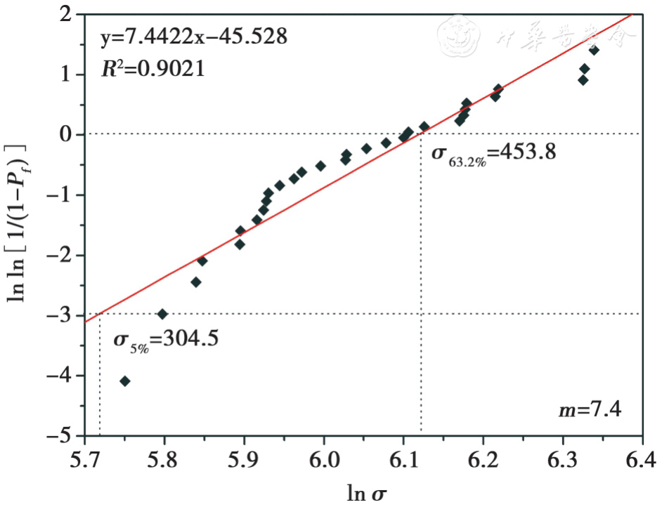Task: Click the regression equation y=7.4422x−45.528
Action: [193, 37]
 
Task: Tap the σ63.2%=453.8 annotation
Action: [493, 152]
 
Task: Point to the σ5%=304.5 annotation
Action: [166, 339]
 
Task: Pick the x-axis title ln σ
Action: [365, 494]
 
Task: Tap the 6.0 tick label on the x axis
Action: [324, 461]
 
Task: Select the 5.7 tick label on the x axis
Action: [85, 461]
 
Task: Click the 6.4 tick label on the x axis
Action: [642, 461]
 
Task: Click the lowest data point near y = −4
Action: [125, 381]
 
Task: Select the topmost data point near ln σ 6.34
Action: [594, 50]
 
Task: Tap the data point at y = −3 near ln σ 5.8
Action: [162, 314]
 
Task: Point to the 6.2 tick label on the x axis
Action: [483, 461]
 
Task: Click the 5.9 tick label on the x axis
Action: [244, 461]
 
